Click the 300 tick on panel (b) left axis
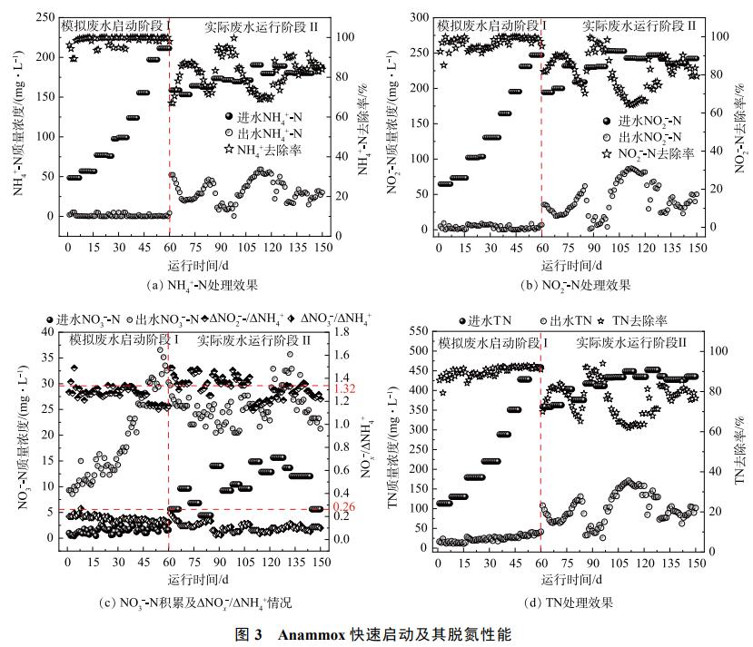[417, 16]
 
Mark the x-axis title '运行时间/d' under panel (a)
[196, 265]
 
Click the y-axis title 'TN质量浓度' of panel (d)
[393, 445]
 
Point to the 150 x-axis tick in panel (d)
[697, 564]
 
